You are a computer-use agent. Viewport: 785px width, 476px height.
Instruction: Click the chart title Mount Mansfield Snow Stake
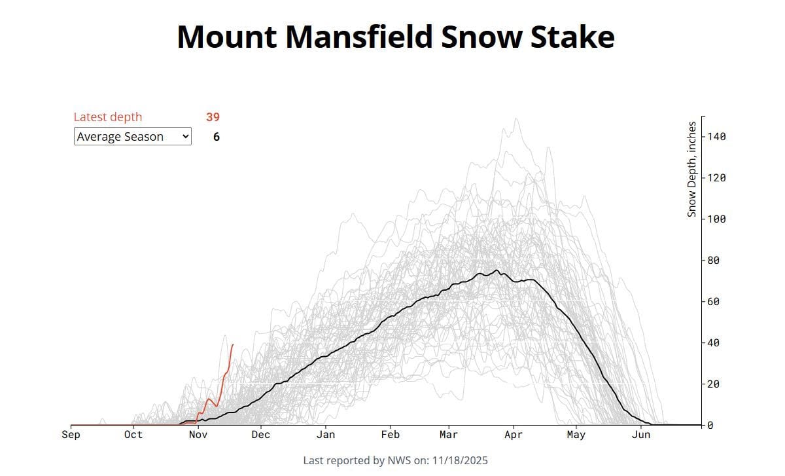click(395, 37)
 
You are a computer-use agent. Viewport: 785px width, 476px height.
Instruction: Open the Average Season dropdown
click(132, 136)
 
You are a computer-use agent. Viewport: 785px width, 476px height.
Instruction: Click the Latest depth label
click(107, 117)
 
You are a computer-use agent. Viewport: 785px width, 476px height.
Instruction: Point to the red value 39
click(213, 117)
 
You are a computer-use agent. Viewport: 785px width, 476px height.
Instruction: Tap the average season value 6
click(217, 137)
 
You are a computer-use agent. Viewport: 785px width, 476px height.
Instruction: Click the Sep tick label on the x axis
click(71, 435)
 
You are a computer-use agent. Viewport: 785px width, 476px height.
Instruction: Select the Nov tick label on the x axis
click(198, 435)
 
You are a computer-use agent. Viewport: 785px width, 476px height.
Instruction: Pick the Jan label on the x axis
click(325, 435)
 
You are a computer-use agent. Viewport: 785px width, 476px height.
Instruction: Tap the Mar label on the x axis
click(449, 435)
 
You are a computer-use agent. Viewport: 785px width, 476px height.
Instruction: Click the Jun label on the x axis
click(641, 435)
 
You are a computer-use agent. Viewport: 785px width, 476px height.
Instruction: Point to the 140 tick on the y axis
click(716, 136)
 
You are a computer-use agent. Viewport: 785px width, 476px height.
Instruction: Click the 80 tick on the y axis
click(713, 260)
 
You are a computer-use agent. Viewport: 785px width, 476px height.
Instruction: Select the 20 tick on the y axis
click(713, 384)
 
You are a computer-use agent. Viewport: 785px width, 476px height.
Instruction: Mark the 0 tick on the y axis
click(710, 425)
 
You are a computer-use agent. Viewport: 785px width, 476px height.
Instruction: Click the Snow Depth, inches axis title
click(691, 169)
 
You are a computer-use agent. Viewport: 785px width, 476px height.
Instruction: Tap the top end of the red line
click(233, 344)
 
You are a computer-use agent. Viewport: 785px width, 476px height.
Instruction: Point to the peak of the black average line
click(497, 270)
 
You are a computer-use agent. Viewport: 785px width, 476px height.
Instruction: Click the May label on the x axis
click(576, 435)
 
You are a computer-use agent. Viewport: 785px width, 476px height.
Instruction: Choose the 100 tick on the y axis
click(716, 219)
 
